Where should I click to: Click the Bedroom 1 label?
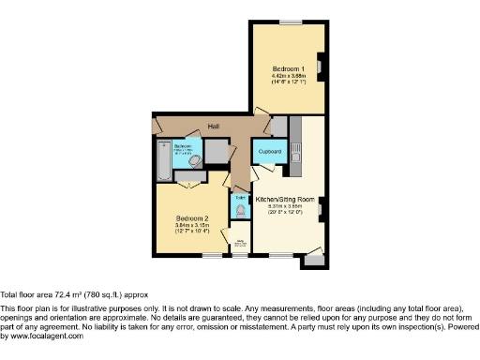tap(287, 69)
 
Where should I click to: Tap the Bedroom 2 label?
tap(191, 219)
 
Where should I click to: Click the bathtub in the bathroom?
tap(165, 163)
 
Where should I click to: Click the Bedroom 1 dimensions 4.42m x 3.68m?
tap(287, 77)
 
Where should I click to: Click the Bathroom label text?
tap(183, 146)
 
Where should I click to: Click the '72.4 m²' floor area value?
tap(68, 294)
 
